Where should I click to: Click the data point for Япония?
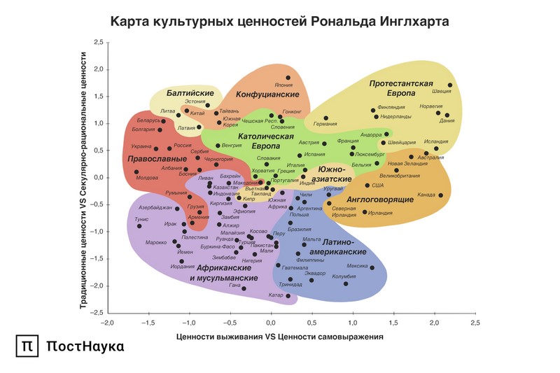tap(288, 78)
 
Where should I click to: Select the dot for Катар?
tap(288, 296)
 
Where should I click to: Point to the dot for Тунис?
tap(139, 226)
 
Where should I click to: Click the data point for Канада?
tap(441, 195)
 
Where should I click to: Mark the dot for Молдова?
tap(136, 171)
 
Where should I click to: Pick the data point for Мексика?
tap(372, 267)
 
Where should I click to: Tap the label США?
tap(378, 185)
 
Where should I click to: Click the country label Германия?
tap(325, 124)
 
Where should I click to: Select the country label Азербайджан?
tap(155, 208)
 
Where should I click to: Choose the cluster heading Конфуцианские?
tap(262, 94)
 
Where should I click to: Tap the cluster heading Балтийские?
tap(190, 93)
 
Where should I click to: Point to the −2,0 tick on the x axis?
tap(106, 323)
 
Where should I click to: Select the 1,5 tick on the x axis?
tap(393, 323)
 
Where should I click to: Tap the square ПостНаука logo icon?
tap(27, 346)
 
